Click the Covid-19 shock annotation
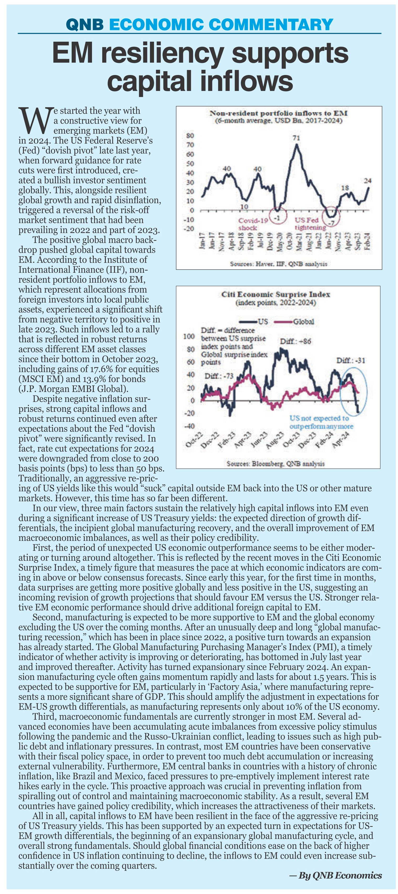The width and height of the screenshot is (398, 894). tap(252, 224)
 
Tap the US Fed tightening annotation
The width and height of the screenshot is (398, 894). tap(310, 224)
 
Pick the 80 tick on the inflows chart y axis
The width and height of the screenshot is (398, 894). tap(191, 135)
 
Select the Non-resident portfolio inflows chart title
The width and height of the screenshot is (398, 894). tap(279, 117)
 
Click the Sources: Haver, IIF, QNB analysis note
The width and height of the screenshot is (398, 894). tap(279, 264)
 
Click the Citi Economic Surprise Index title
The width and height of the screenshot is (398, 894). tap(276, 298)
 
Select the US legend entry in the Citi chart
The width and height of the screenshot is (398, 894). tap(254, 321)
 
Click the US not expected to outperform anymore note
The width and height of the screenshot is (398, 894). tap(321, 422)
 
